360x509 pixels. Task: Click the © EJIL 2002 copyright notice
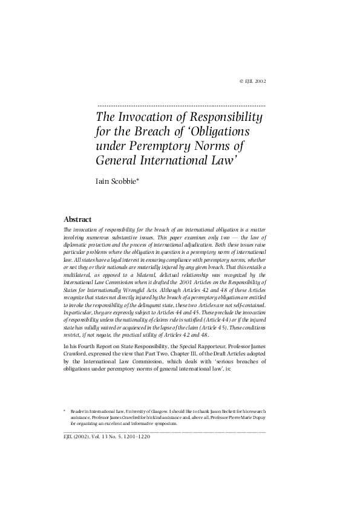(x=253, y=80)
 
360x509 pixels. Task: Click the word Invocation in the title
(x=146, y=117)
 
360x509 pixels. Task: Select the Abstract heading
(x=77, y=219)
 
